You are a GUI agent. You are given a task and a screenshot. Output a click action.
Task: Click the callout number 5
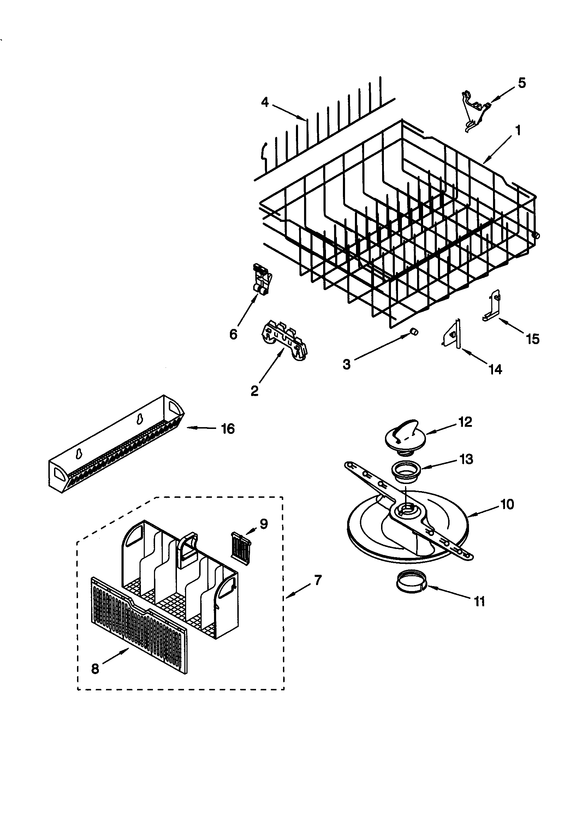click(522, 83)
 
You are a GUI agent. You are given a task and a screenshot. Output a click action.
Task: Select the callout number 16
click(228, 429)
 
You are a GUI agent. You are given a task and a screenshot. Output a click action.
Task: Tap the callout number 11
click(480, 601)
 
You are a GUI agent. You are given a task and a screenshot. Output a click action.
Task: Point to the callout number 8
click(95, 668)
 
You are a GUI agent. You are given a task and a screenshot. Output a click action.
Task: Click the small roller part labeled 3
click(414, 331)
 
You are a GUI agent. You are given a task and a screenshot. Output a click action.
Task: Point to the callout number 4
click(265, 102)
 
